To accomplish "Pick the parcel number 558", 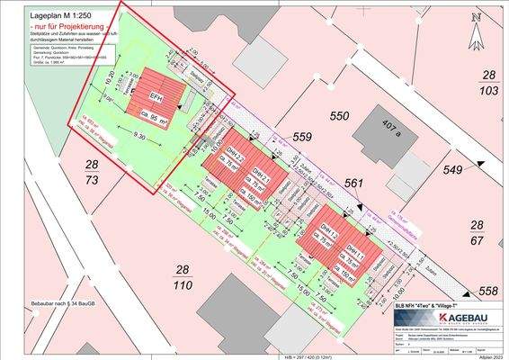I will click(487, 291).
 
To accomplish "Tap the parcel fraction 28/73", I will click(92, 173).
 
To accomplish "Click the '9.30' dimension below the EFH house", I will click(139, 136).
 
